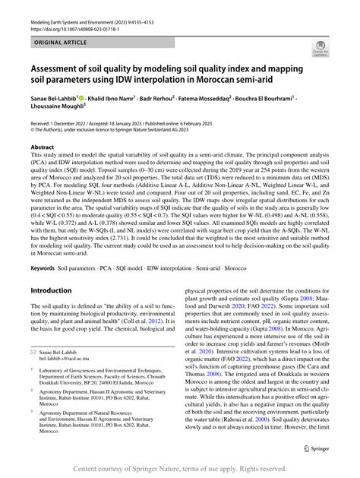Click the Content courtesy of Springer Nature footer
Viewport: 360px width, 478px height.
[180, 470]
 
